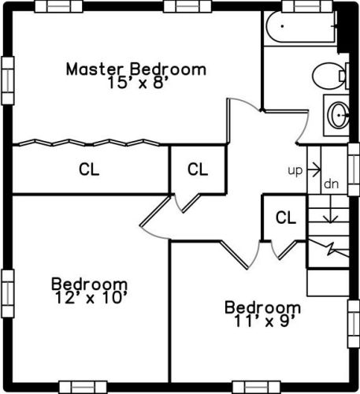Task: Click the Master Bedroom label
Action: (x=136, y=69)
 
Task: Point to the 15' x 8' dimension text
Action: (x=138, y=83)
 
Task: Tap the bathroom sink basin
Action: (x=339, y=116)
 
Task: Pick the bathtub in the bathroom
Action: (x=301, y=27)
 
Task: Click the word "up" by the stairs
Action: (x=295, y=171)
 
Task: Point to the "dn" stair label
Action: (x=332, y=184)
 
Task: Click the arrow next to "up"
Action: (x=314, y=169)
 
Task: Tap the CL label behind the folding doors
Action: (x=89, y=169)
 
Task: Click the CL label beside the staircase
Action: (x=286, y=217)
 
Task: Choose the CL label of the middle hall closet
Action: (x=198, y=169)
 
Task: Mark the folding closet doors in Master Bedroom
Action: (x=89, y=143)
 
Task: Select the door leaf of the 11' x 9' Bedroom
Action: (x=234, y=255)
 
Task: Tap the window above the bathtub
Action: (x=307, y=6)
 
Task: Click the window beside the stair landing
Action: (x=354, y=169)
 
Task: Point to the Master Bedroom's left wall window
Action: (x=8, y=80)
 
